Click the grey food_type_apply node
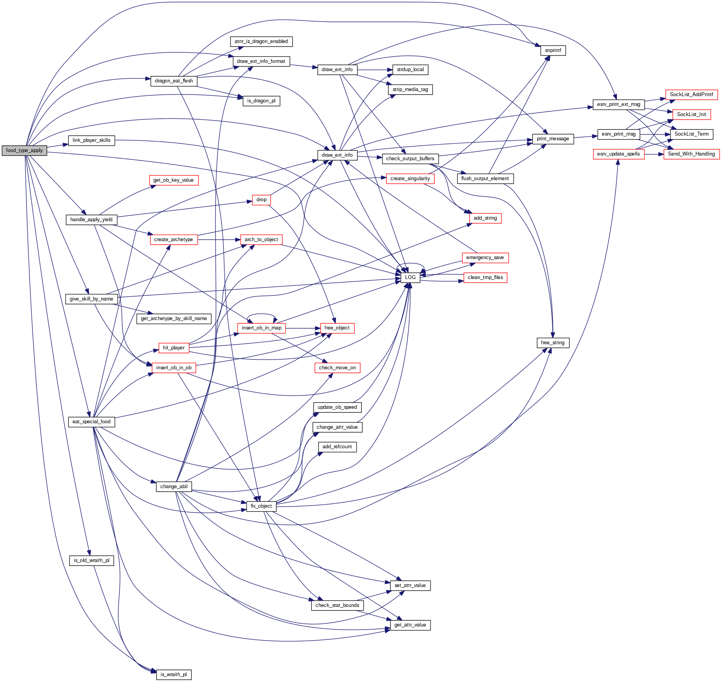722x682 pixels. [x=24, y=150]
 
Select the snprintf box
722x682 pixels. [x=553, y=50]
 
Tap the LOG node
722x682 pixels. [x=410, y=277]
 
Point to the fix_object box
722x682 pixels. [x=261, y=506]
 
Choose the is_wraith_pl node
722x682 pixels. [x=174, y=675]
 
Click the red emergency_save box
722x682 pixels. [x=485, y=258]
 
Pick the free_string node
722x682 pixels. [x=552, y=343]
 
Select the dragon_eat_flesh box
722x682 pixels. [x=174, y=81]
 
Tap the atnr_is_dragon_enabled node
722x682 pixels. [x=261, y=41]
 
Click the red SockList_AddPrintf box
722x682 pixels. [x=691, y=95]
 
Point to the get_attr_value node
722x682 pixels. [x=410, y=625]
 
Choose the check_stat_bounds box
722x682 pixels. [x=337, y=605]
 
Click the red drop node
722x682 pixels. [x=261, y=200]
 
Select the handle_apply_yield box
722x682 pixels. [x=91, y=220]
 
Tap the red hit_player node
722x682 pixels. [x=174, y=348]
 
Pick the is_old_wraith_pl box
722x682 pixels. [x=91, y=560]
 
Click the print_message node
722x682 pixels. [x=552, y=139]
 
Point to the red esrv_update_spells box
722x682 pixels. [x=618, y=154]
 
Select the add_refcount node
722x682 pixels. [x=337, y=447]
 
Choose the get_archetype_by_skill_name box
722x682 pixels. [x=174, y=319]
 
